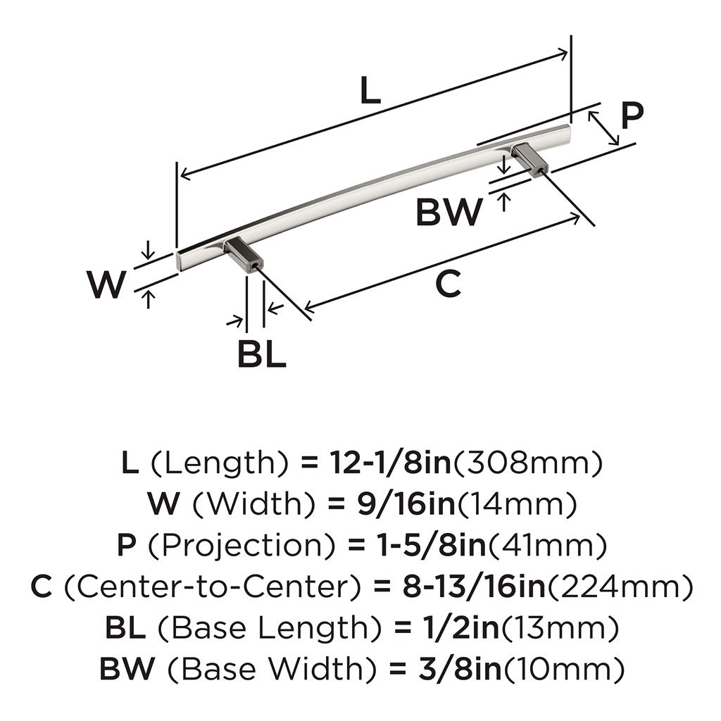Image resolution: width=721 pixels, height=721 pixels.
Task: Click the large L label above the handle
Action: point(370,90)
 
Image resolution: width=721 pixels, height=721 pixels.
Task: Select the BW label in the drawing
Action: point(449,211)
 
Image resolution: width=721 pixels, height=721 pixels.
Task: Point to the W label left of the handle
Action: point(106,284)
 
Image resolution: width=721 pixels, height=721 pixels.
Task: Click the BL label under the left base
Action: point(262,353)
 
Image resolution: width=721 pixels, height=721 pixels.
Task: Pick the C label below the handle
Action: point(448,284)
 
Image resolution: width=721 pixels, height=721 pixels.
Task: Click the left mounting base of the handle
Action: point(243,255)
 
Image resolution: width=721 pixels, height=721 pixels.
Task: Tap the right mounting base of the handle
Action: point(529,160)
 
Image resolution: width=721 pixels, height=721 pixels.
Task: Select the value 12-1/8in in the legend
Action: point(391,463)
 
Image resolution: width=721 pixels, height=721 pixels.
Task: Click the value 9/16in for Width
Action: point(406,503)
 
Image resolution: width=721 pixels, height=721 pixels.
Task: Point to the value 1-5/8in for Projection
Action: point(432,545)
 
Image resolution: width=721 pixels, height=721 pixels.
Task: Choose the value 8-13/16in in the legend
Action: point(474,587)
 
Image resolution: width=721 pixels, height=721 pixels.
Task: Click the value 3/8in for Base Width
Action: point(460,669)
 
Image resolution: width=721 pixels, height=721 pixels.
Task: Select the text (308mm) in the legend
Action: point(528,463)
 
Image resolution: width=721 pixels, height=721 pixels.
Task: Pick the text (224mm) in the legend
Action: point(620,587)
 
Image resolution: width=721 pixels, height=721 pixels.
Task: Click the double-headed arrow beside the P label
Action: point(603,128)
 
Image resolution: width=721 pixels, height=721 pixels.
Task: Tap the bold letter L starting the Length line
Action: point(130,463)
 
